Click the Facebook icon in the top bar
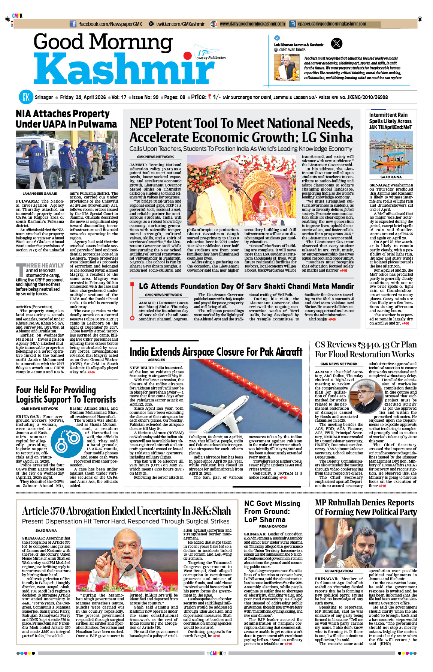73,24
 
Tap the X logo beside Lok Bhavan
337,44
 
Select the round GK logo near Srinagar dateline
26,97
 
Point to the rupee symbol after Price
210,97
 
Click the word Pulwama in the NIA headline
98,124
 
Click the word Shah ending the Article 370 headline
222,511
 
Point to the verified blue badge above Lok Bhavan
277,38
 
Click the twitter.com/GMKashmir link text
180,24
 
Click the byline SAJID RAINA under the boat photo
391,177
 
